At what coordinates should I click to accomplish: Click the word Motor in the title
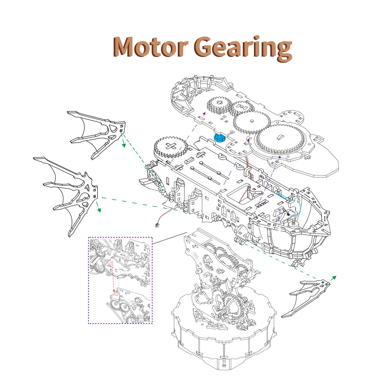pyautogui.click(x=150, y=48)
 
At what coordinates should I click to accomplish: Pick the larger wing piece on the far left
pyautogui.click(x=67, y=195)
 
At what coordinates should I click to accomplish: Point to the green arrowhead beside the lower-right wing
pyautogui.click(x=333, y=277)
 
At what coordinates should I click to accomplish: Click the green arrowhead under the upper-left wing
pyautogui.click(x=123, y=145)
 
